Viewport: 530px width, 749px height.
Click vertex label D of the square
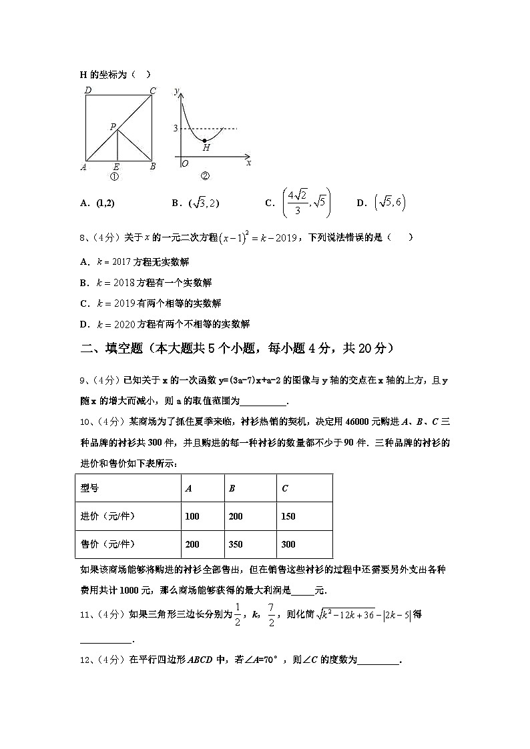click(87, 91)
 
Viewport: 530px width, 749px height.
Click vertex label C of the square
click(153, 91)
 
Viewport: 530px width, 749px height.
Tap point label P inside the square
click(113, 126)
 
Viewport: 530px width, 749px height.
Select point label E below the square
click(116, 167)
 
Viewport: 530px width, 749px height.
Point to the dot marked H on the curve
click(204, 140)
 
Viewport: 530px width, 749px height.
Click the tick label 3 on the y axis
click(176, 128)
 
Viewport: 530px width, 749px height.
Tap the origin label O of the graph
click(184, 163)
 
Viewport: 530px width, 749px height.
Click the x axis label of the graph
click(248, 163)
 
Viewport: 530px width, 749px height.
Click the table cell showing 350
click(236, 544)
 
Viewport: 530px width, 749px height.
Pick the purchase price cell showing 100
click(192, 516)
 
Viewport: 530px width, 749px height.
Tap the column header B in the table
click(232, 488)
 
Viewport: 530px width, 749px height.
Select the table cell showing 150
click(288, 516)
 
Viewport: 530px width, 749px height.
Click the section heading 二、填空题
click(111, 347)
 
